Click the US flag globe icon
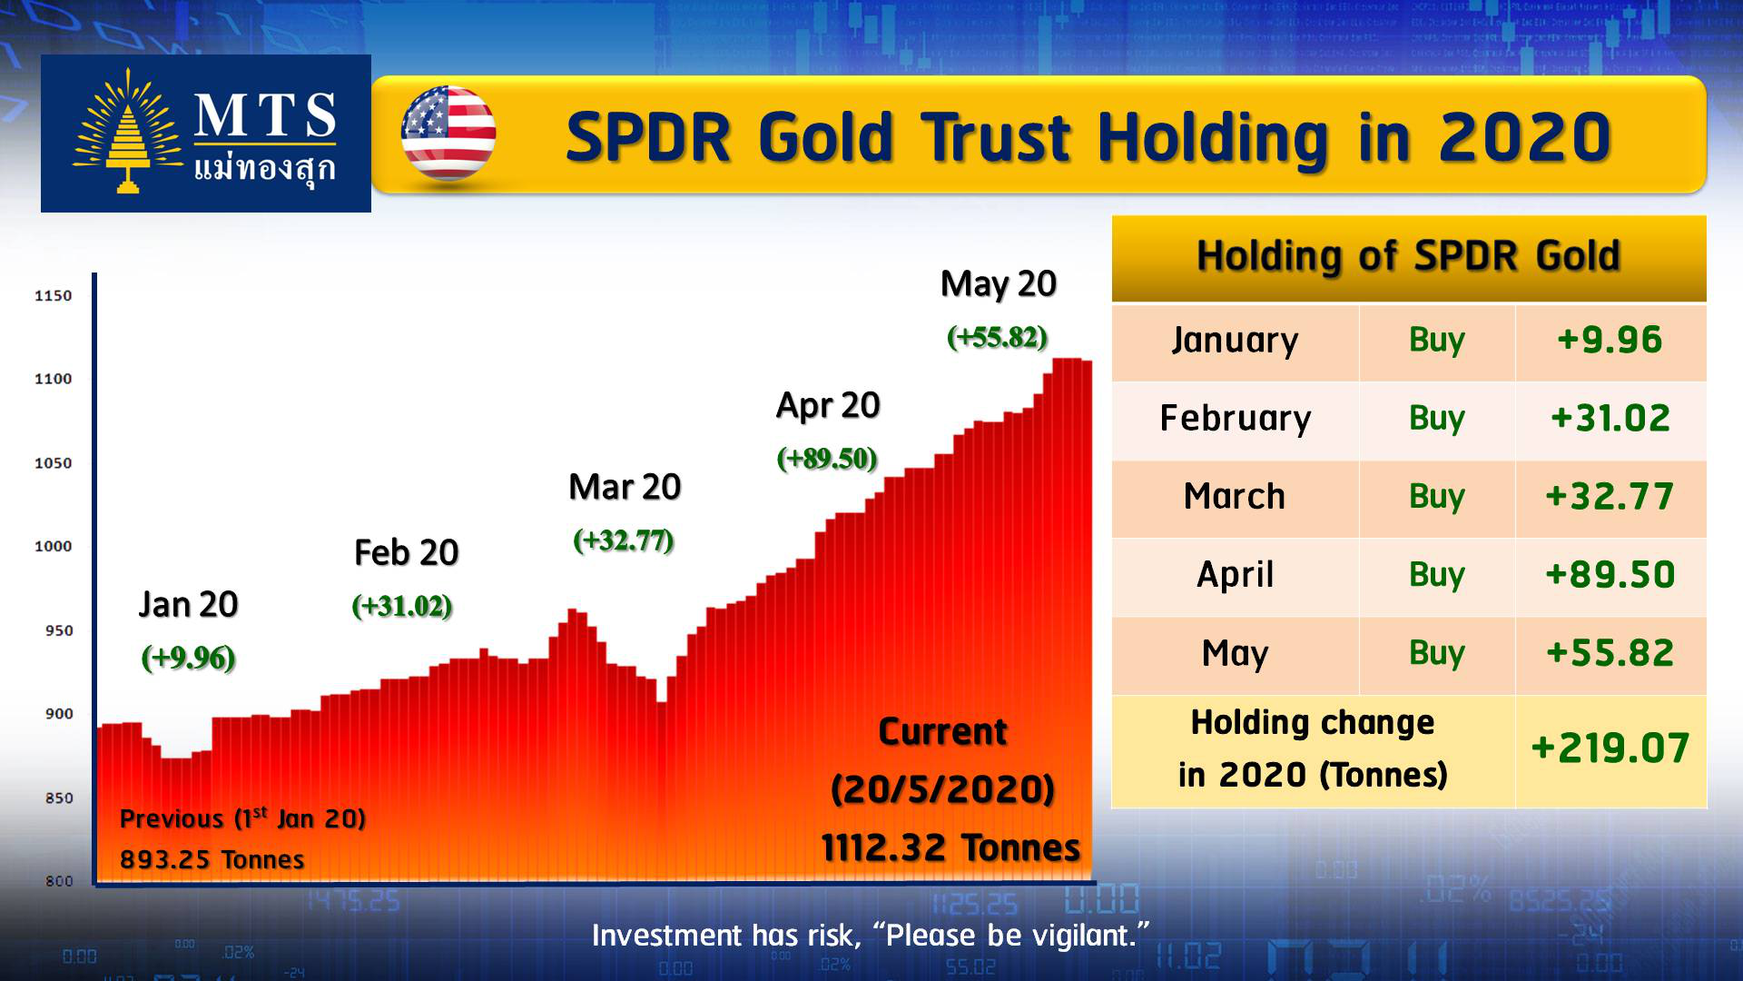(x=448, y=134)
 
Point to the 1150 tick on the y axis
(x=53, y=295)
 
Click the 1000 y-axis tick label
(x=53, y=546)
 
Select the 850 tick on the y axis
(x=59, y=798)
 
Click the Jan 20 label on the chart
(x=188, y=604)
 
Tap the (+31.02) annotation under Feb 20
(x=402, y=606)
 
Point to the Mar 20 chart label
(x=625, y=487)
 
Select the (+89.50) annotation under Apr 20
(x=827, y=458)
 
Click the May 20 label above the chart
(x=999, y=284)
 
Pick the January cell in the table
(x=1235, y=340)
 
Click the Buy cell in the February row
(x=1437, y=418)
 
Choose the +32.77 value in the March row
(x=1610, y=496)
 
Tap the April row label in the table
(x=1235, y=575)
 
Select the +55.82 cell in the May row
(x=1610, y=653)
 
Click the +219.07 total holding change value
(x=1610, y=748)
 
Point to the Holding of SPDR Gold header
(x=1408, y=256)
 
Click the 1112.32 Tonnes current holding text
(x=950, y=847)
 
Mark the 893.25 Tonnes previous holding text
(x=212, y=859)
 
